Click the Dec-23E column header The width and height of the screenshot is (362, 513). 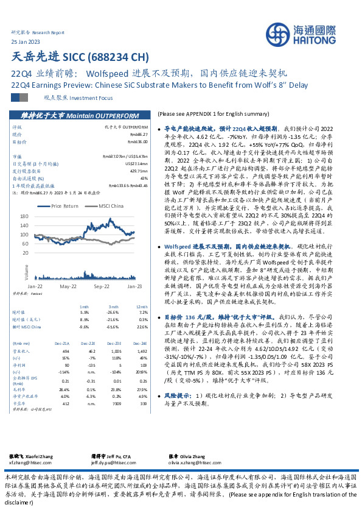click(116, 327)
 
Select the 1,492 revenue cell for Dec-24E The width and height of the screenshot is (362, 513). click(142, 334)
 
